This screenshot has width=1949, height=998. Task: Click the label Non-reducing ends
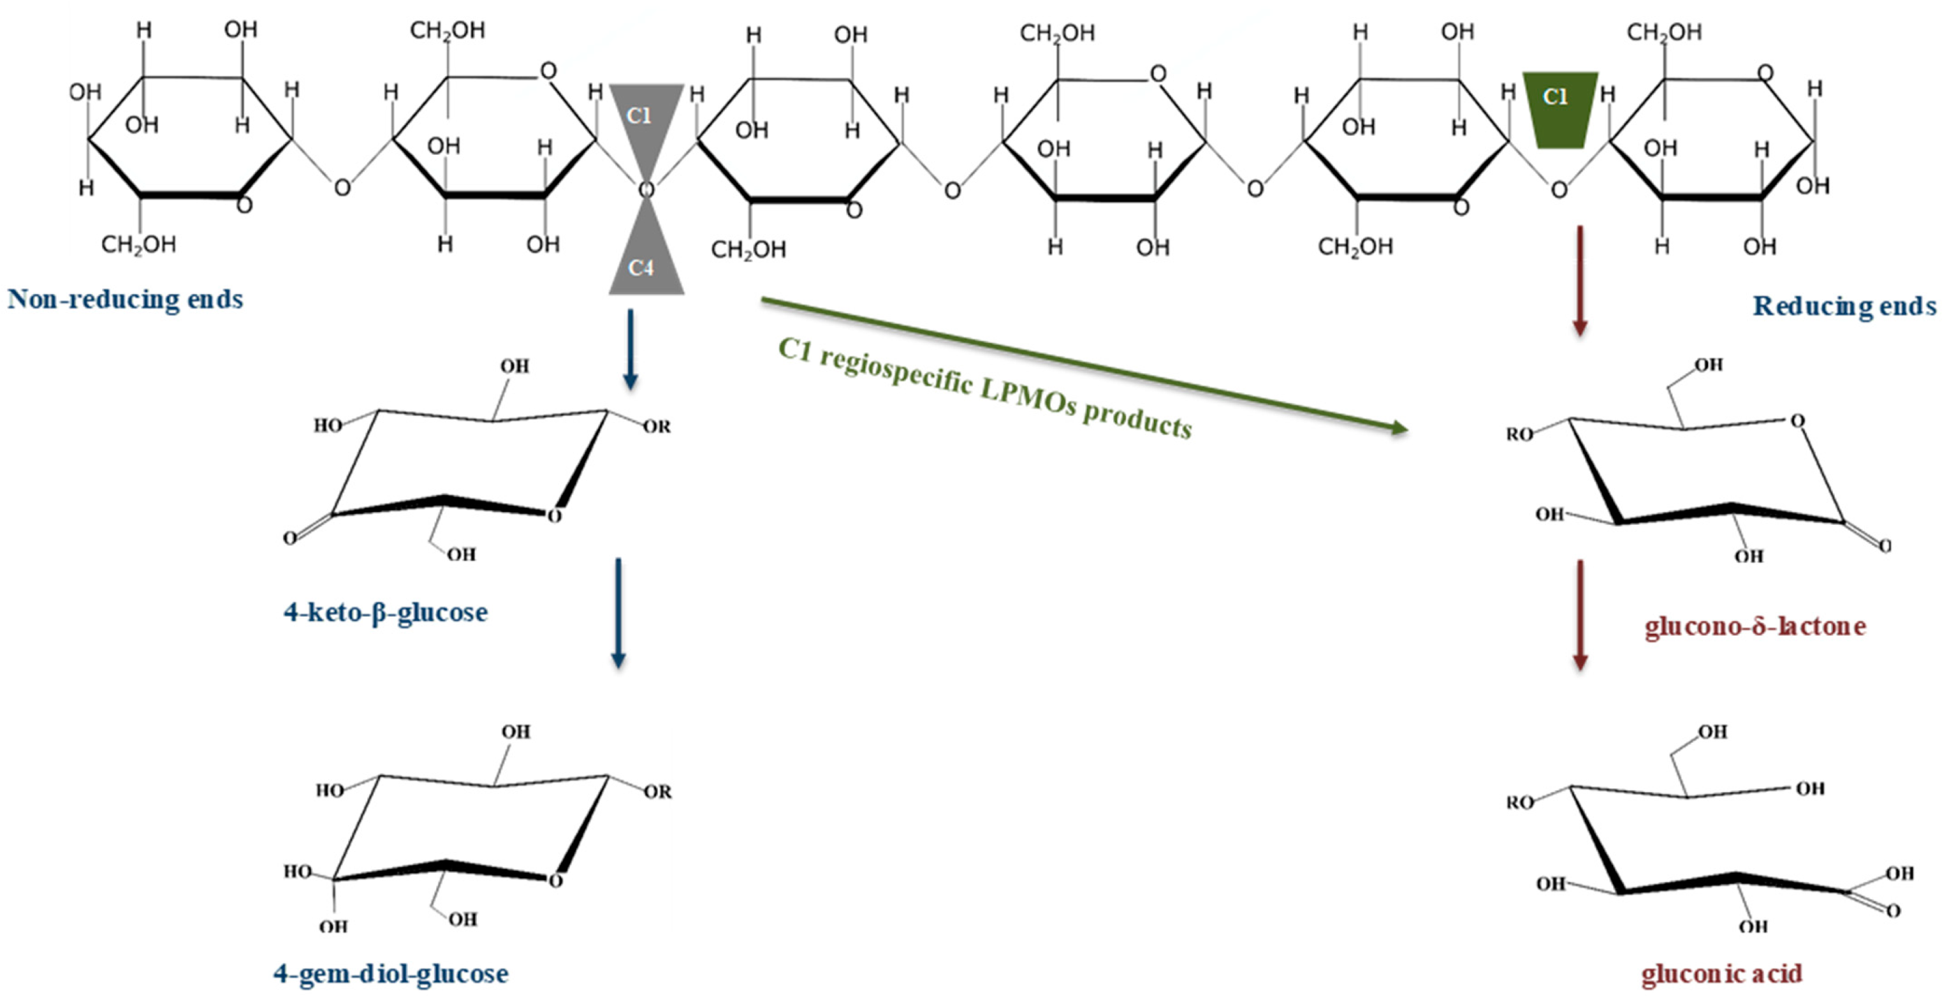pos(125,300)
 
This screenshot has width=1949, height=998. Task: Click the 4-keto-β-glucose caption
pos(385,612)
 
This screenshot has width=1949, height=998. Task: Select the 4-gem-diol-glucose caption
pos(390,974)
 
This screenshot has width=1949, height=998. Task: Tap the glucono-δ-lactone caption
pos(1755,626)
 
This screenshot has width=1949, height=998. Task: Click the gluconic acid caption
pos(1721,974)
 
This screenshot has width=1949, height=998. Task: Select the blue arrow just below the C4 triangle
pos(629,348)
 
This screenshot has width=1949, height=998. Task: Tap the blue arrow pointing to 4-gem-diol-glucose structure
pos(618,613)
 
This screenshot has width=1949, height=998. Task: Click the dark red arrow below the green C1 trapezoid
pos(1579,280)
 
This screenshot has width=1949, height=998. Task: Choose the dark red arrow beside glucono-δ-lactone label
pos(1579,614)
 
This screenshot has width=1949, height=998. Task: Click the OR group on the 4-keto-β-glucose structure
pos(656,427)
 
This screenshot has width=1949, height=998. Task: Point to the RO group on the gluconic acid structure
pos(1519,802)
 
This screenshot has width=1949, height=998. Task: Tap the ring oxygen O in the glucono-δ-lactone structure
pos(1798,421)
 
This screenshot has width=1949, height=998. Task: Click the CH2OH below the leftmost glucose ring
pos(138,244)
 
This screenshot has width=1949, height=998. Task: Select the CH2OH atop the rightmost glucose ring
pos(1664,33)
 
